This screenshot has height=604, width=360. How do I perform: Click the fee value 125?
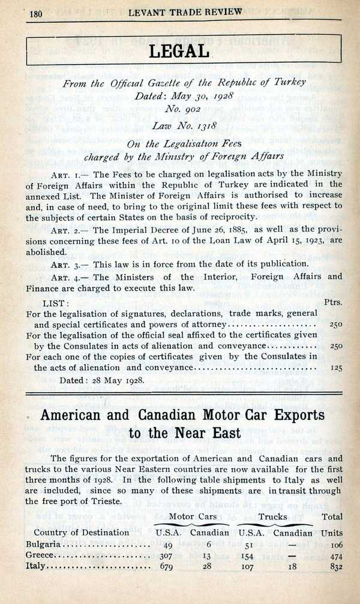coord(336,367)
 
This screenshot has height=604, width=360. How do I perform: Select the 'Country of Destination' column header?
coord(81,532)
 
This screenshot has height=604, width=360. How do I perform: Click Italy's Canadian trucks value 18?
coord(292,568)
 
